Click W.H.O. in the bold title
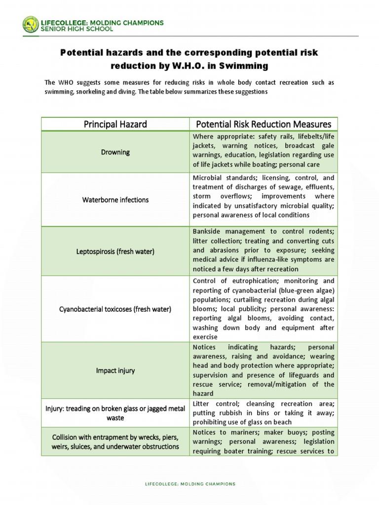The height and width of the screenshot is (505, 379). point(172,65)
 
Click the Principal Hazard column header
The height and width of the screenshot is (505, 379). point(115,124)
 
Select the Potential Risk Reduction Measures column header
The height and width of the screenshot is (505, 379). point(264,124)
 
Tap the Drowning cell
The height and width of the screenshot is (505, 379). point(115,152)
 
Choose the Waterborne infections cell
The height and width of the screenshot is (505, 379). point(115,200)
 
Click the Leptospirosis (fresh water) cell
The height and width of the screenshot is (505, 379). point(115,252)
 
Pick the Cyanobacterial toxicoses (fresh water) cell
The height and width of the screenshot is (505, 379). point(115,309)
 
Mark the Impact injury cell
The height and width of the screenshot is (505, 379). point(115,370)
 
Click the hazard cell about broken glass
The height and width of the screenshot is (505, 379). point(115,413)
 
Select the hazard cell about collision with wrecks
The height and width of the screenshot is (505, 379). point(115,442)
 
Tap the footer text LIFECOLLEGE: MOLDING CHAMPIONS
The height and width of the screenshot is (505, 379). point(189,484)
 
